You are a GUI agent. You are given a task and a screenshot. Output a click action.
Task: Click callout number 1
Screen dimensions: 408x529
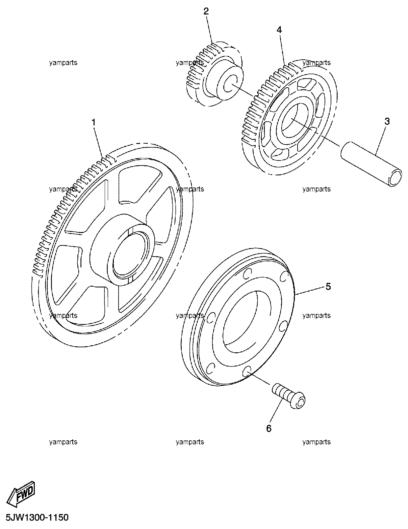coord(94,123)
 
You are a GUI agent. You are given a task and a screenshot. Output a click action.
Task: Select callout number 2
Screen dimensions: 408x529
coord(206,11)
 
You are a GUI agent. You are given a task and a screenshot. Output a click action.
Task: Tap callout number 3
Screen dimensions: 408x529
coord(387,121)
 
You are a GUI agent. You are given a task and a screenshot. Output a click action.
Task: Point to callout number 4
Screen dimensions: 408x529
coord(279,30)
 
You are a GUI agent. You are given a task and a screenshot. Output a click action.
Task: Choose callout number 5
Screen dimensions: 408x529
coord(328,287)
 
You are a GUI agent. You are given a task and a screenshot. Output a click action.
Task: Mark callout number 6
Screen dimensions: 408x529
coord(269,428)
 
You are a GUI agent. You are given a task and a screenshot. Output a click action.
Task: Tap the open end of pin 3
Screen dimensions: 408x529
coord(396,178)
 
